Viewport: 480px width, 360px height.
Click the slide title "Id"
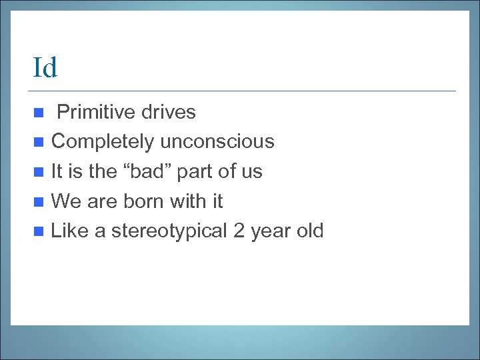point(45,68)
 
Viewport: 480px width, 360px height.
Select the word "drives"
point(168,112)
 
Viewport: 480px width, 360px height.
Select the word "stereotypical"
point(169,231)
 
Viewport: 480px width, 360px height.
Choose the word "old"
point(309,231)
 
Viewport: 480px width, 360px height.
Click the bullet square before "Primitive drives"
point(40,112)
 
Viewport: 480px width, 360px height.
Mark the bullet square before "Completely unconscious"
point(40,142)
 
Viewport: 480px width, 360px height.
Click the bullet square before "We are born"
point(40,201)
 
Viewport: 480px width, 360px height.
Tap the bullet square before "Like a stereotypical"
point(40,232)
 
